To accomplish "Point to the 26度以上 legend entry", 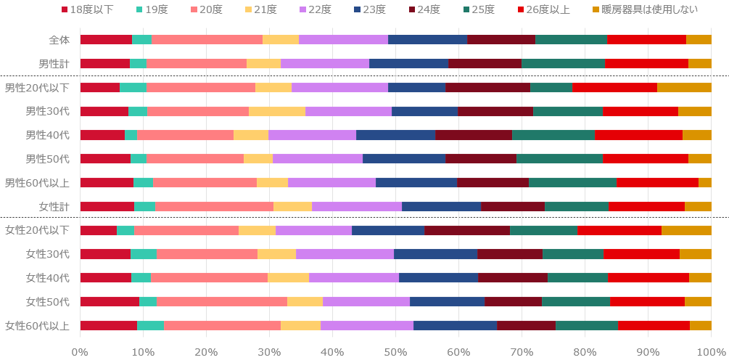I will (x=544, y=9).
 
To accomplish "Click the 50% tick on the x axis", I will (x=395, y=351).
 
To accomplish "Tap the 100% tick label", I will (x=710, y=351).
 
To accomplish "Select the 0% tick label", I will (x=80, y=351).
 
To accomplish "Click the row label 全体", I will (x=57, y=39).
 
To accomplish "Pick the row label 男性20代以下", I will (x=37, y=88).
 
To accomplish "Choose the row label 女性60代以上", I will (x=37, y=325).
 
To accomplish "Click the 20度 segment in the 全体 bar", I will (x=207, y=39).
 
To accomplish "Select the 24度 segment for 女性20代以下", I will (x=467, y=230).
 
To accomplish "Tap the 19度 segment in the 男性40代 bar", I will (x=131, y=135).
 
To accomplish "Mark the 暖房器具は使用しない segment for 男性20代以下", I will (x=684, y=88).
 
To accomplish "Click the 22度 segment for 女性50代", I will (x=366, y=301).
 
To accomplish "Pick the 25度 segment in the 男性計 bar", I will (x=563, y=63).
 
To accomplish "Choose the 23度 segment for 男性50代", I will (x=403, y=159).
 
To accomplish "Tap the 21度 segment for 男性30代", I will (x=276, y=111).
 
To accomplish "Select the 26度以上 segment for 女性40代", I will (x=648, y=277).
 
